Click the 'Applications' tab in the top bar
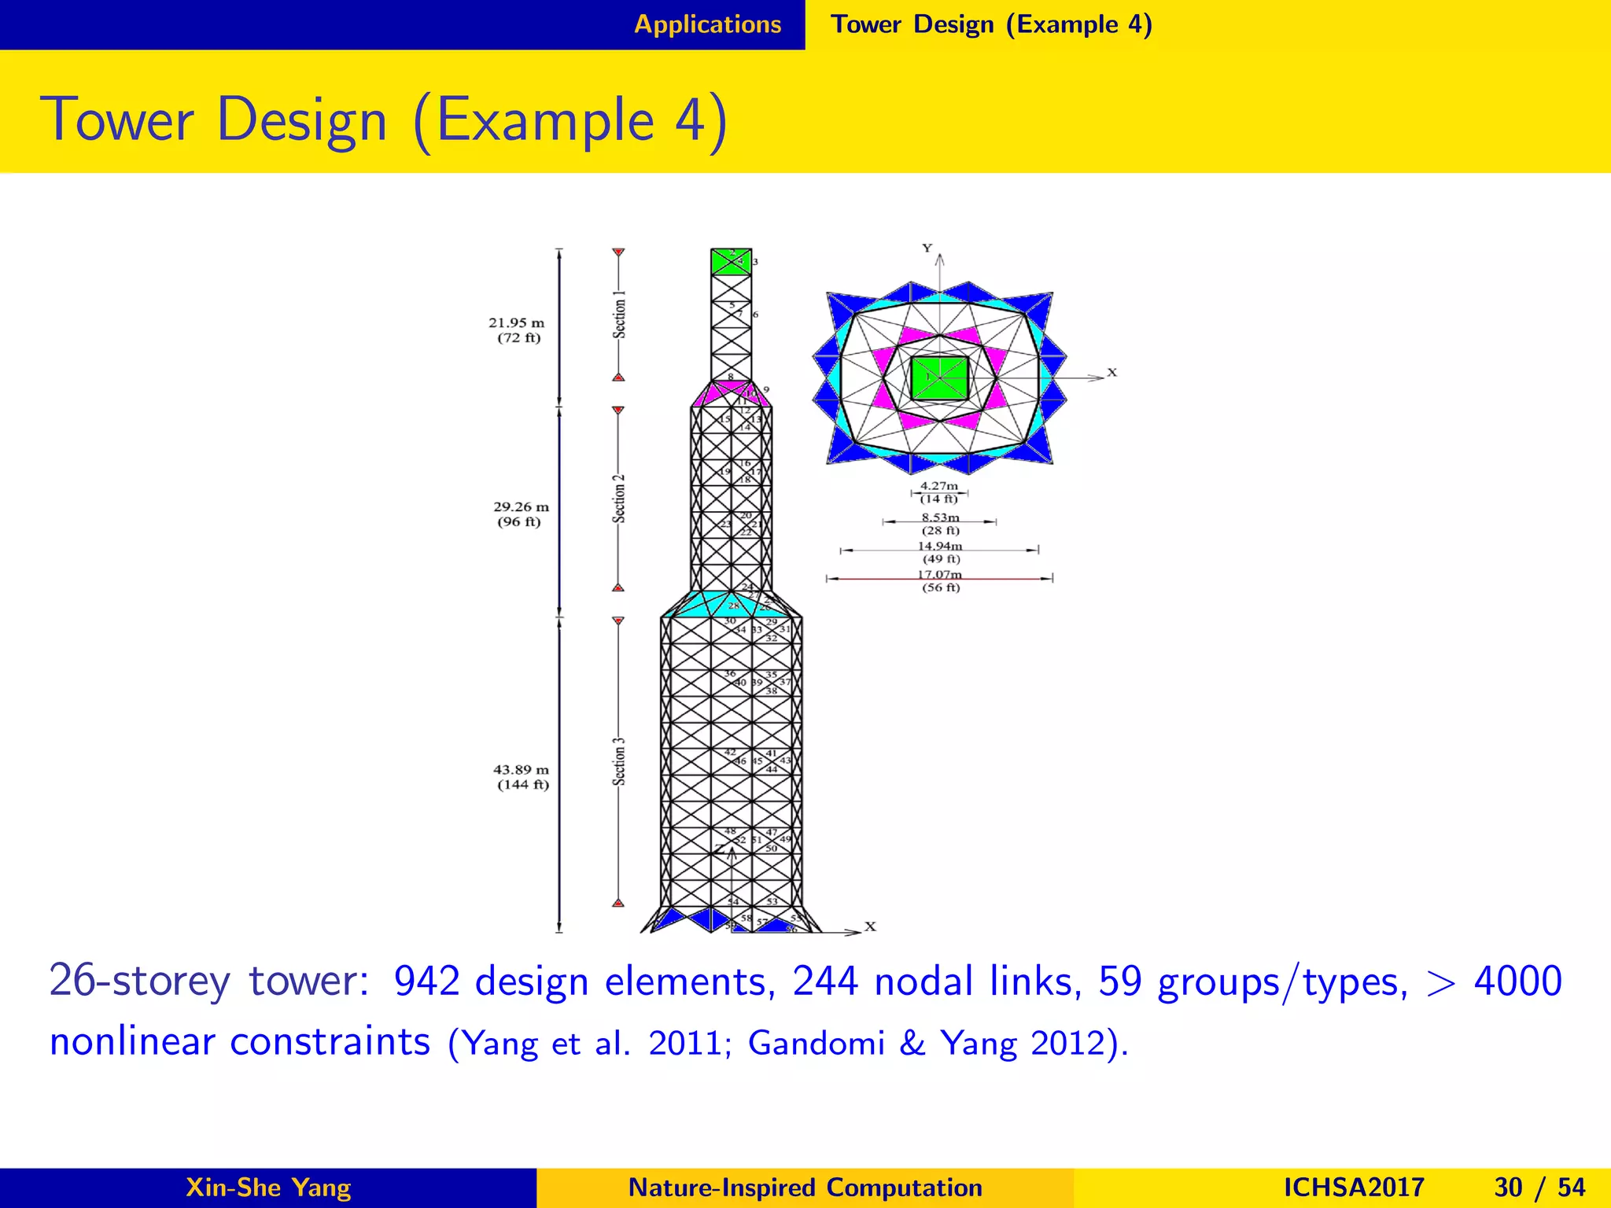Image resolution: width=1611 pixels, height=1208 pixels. [707, 24]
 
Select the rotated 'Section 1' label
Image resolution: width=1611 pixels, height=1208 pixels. [620, 315]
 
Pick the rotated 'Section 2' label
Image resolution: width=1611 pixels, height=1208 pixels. [620, 499]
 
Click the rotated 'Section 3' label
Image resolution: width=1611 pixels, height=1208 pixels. [620, 761]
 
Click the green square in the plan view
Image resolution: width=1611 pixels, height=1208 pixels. [938, 378]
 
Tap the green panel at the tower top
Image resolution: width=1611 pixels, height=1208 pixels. [730, 262]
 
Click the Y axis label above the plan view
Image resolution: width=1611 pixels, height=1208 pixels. [927, 249]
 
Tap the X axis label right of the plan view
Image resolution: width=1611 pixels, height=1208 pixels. [1111, 373]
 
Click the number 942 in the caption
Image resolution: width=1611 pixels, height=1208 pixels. [426, 981]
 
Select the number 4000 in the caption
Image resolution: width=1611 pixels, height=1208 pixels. [1517, 981]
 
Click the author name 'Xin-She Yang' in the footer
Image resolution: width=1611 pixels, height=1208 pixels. [268, 1188]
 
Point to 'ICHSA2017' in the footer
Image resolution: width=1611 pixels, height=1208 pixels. [1353, 1188]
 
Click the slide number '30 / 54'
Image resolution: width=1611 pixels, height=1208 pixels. [1539, 1188]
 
